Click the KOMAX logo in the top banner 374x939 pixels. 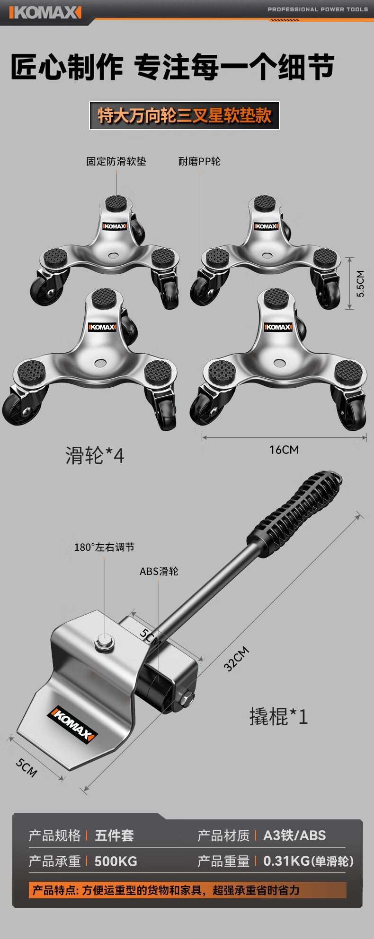tap(45, 12)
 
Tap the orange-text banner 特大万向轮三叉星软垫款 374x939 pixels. tap(184, 115)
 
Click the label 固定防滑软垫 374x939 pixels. tap(116, 161)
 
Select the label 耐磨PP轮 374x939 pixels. tap(199, 161)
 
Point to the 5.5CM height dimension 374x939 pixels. tap(360, 283)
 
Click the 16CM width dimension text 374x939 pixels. tap(284, 450)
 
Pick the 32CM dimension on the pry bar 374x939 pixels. tap(236, 658)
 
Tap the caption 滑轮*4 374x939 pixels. tap(95, 456)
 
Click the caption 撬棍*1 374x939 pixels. tap(278, 717)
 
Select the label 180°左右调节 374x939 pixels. tap(104, 547)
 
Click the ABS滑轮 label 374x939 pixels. tap(159, 571)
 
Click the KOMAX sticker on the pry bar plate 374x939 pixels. tap(72, 724)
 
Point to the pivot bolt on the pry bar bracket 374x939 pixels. tap(105, 642)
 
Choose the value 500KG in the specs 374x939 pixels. tap(116, 861)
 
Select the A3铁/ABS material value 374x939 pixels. tap(294, 835)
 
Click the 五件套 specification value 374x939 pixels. tap(114, 835)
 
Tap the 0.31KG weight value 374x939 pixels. tap(286, 861)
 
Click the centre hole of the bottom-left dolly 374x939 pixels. tap(100, 363)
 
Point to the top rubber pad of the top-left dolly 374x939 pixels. tap(116, 204)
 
